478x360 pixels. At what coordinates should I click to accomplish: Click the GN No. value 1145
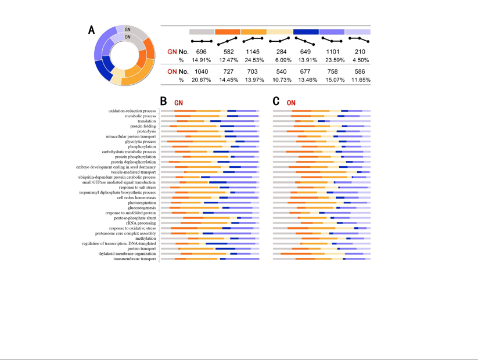[x=254, y=52]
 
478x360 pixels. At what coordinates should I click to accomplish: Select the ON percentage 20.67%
[x=202, y=80]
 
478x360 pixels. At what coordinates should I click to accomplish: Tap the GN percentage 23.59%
[x=333, y=60]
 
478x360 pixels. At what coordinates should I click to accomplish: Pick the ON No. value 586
[x=360, y=72]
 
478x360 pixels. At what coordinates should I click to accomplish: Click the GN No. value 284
[x=281, y=52]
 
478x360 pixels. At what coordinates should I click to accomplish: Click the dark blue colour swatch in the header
[x=306, y=32]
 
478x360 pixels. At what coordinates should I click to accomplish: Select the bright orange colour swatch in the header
[x=228, y=32]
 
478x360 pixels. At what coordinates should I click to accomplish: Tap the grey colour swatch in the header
[x=202, y=32]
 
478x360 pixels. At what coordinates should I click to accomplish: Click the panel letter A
[x=92, y=30]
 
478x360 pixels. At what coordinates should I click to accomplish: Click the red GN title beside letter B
[x=178, y=103]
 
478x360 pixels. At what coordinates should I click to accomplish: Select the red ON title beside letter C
[x=291, y=103]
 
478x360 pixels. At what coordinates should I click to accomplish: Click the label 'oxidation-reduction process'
[x=132, y=111]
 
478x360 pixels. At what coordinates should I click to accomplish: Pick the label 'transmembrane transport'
[x=135, y=259]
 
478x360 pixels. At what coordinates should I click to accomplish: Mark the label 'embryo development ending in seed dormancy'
[x=116, y=167]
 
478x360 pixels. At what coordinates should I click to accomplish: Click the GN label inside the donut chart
[x=128, y=30]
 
